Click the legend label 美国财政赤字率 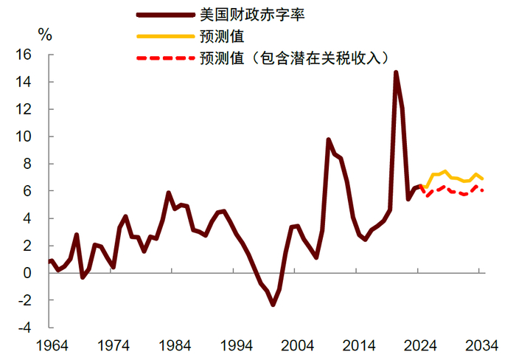243,14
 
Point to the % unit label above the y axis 45,34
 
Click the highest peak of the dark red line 396,72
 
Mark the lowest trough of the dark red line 273,305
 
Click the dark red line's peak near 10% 328,139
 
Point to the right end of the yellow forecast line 482,179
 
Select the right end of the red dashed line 482,191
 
